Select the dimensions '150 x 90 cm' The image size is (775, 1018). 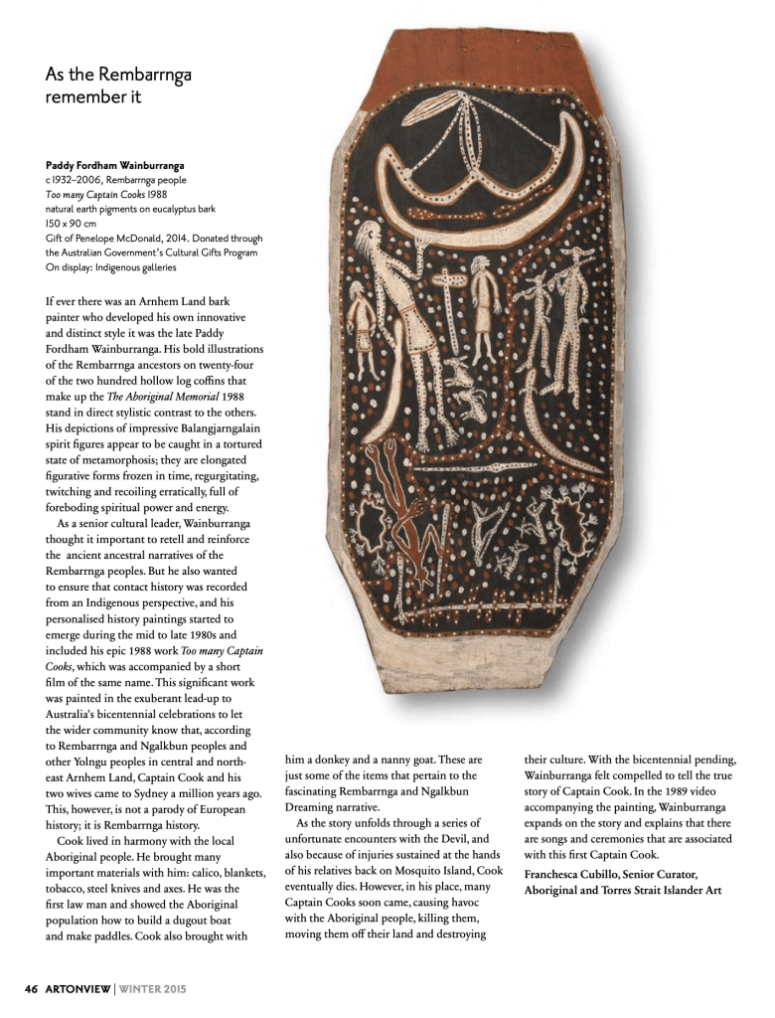71,224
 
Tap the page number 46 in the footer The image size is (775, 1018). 30,988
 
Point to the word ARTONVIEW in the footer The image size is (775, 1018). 78,988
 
